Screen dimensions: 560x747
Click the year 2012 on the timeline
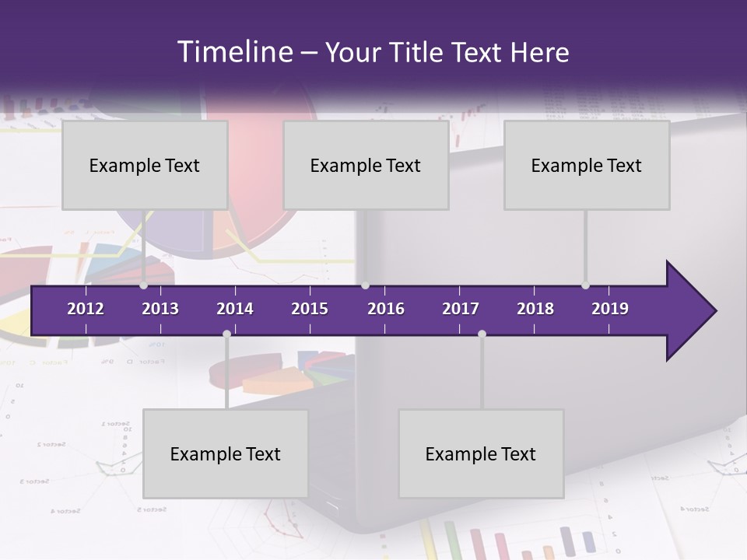86,309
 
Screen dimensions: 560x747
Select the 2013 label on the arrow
160,309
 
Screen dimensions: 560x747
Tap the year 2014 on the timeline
235,309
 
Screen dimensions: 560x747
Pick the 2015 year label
310,309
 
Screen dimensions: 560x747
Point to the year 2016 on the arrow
386,309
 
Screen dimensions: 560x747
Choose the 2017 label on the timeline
461,309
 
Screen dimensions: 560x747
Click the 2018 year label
535,309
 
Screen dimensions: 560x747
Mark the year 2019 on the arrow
610,309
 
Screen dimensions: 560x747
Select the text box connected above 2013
145,165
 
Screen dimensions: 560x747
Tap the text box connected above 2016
366,165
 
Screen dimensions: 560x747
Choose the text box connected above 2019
587,165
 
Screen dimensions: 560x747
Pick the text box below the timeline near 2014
226,453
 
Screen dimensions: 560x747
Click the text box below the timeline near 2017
481,453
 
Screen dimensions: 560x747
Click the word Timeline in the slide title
233,52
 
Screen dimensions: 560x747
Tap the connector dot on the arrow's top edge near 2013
144,285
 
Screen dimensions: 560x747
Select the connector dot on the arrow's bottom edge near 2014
226,334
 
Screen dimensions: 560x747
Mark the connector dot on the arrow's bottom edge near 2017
482,334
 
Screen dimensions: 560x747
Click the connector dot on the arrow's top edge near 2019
585,285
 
